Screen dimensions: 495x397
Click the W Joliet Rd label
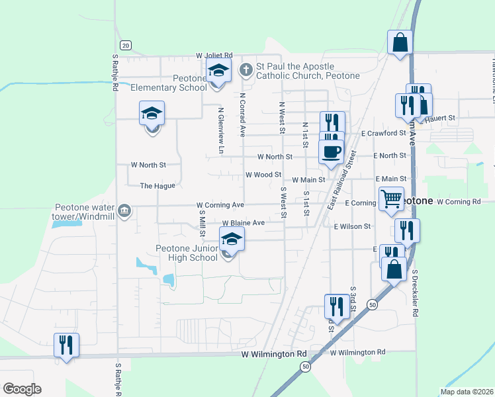214,56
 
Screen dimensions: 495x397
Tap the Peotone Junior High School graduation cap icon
232,239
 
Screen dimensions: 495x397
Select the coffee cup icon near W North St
331,152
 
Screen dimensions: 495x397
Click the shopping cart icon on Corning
391,198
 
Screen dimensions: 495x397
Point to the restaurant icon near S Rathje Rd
66,345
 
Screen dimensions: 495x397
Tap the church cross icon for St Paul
246,69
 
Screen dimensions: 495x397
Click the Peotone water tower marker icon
124,211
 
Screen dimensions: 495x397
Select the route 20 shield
126,45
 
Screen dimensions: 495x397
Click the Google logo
22,388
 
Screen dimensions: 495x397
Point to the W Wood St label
263,175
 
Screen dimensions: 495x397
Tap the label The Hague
157,186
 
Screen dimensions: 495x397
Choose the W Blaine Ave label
243,224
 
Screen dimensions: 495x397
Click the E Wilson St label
352,226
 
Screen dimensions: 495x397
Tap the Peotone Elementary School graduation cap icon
218,69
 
